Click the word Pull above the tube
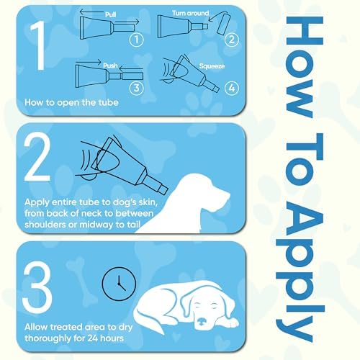pyautogui.click(x=111, y=14)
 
